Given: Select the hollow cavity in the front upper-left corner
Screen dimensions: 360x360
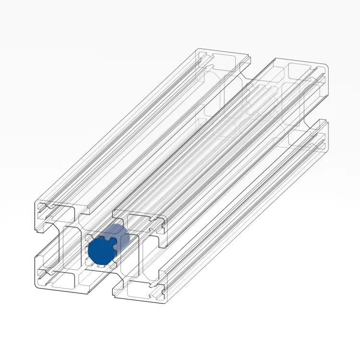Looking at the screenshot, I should (x=62, y=209).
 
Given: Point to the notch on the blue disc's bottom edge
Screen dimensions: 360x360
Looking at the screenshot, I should (x=102, y=264).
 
